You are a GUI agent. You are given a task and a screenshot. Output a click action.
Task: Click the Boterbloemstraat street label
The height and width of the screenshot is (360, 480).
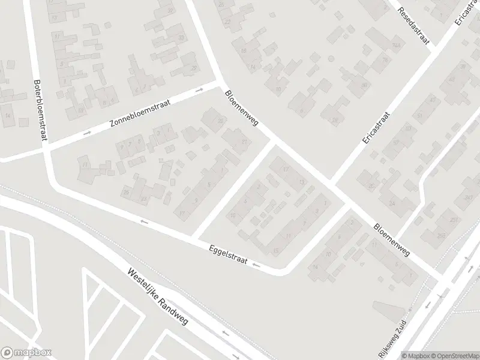click(40, 111)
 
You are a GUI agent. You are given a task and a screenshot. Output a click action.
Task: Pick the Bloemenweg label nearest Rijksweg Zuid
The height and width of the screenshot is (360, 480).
click(391, 241)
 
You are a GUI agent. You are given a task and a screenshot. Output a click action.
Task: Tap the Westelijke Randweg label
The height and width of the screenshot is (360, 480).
click(157, 297)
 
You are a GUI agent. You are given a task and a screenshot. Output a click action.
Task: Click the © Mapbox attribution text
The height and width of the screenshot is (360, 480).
click(418, 355)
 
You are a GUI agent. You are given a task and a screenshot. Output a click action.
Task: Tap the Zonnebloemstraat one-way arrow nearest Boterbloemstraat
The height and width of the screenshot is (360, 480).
click(88, 133)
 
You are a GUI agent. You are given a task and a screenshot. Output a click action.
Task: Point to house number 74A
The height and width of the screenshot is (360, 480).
click(396, 46)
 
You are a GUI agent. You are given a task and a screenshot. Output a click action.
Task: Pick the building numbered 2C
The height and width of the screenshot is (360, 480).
click(372, 187)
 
